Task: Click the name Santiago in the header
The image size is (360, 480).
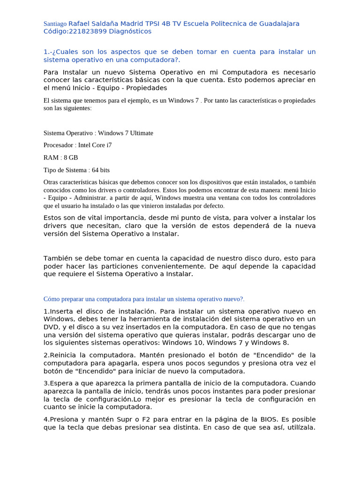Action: coord(55,24)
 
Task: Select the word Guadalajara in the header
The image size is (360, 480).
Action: coord(279,23)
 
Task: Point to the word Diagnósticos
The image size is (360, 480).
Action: coord(130,31)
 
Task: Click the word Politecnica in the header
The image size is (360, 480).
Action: coord(220,23)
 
